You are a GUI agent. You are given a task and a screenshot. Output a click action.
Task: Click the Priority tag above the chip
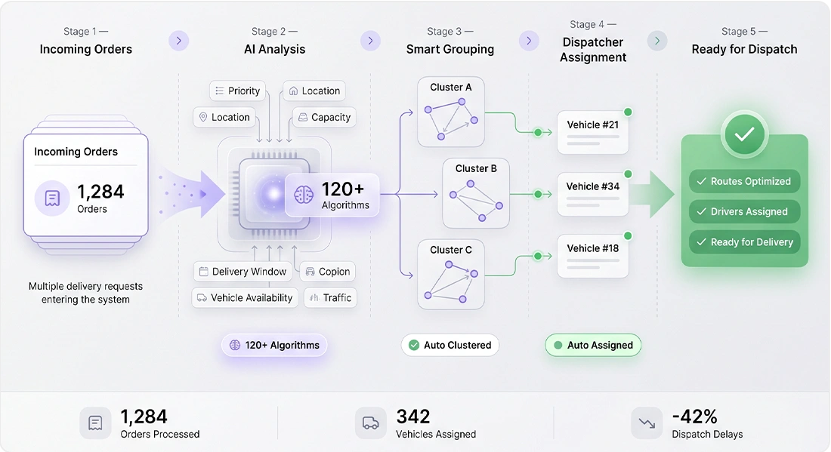(237, 91)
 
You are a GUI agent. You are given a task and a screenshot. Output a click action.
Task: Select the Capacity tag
(324, 117)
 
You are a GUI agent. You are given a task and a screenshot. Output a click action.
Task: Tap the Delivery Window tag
(243, 272)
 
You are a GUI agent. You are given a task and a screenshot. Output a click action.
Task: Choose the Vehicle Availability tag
(245, 298)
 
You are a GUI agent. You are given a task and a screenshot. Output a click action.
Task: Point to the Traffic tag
(331, 298)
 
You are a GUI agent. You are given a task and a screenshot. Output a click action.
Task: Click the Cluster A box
(451, 112)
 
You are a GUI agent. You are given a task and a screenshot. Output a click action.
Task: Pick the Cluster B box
(476, 193)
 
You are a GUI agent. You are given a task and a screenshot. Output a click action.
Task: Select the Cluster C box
(451, 274)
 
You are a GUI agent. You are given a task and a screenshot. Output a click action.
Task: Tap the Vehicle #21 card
(593, 132)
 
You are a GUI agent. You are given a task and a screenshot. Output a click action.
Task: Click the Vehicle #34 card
(593, 194)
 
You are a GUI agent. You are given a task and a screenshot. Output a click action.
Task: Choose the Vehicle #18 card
(593, 256)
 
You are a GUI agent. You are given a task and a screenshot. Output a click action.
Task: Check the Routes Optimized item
(745, 181)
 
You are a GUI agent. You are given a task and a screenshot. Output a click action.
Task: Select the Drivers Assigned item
(745, 211)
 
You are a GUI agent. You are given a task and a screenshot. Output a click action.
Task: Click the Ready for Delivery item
(745, 242)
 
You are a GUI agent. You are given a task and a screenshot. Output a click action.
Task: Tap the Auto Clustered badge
(450, 345)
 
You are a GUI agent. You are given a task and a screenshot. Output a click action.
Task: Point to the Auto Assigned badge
(593, 345)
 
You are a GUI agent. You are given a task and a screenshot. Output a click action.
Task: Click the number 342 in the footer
(413, 417)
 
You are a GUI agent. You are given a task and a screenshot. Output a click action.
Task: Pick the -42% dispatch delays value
(695, 417)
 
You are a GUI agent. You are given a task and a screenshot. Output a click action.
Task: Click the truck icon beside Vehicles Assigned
(370, 423)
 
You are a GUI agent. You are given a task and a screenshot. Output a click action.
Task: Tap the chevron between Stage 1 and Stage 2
(178, 41)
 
